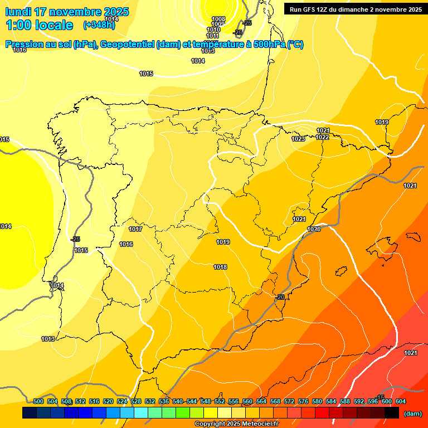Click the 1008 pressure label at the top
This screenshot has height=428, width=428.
pos(218,19)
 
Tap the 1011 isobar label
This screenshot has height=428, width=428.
pos(213,36)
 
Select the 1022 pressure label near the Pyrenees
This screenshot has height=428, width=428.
pos(322,137)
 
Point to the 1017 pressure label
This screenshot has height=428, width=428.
pos(135,229)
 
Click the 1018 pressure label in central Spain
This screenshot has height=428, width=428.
pos(220,267)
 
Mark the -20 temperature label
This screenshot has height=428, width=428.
pos(280,297)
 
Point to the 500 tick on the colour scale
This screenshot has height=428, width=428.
pos(38,401)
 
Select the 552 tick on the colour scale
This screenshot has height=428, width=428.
pos(220,401)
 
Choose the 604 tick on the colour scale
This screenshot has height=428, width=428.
pos(400,401)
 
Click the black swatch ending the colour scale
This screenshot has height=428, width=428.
pos(391,413)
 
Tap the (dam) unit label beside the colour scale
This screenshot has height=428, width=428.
pos(412,413)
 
